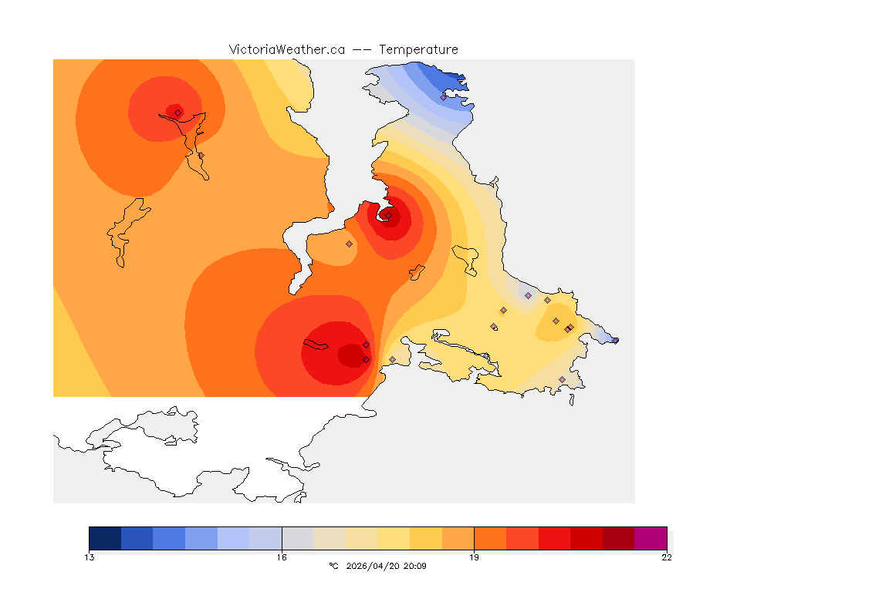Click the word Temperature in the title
coord(418,49)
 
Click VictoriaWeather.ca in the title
coord(286,49)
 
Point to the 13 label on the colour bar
coord(90,557)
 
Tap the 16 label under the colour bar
coord(282,557)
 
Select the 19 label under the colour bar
coord(474,557)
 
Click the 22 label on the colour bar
coord(666,557)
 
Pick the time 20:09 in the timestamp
coord(415,566)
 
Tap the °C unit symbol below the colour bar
coord(333,566)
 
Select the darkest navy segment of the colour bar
coord(105,537)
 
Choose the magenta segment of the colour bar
coord(650,537)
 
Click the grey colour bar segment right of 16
coord(298,537)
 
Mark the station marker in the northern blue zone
coord(443,97)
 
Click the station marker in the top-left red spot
coord(177,113)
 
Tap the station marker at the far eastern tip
coord(615,340)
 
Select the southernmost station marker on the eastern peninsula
coord(562,379)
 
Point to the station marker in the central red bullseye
coord(389,216)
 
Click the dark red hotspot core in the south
coord(351,355)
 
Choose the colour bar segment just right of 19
coord(490,537)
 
